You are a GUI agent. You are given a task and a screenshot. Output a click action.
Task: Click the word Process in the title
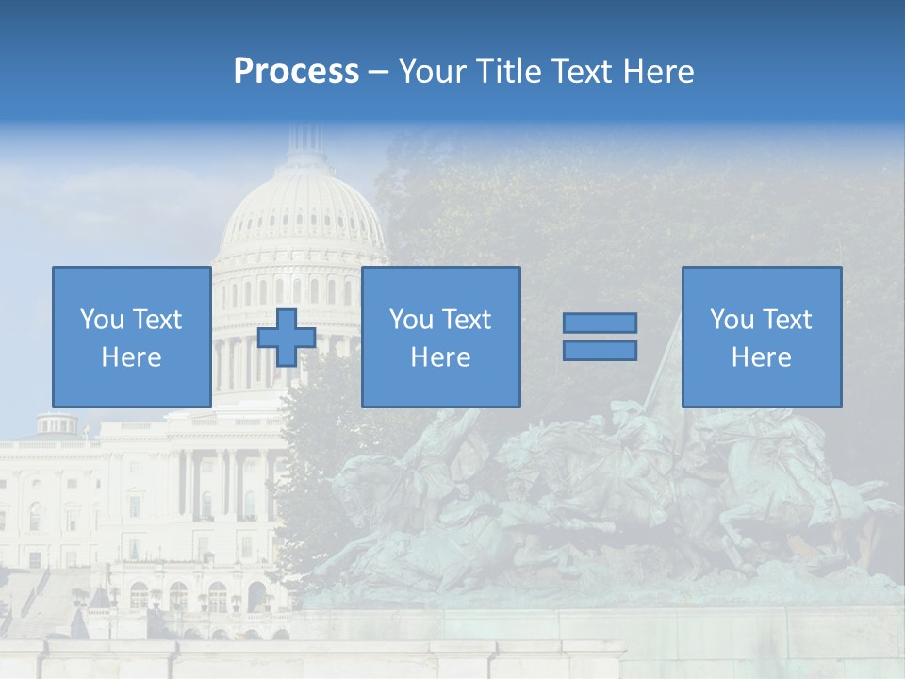tap(296, 72)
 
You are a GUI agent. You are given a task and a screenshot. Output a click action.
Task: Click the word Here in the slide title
tap(659, 72)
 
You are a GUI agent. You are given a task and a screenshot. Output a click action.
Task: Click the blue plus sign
tap(287, 337)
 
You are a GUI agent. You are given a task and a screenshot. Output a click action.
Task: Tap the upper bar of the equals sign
tap(600, 323)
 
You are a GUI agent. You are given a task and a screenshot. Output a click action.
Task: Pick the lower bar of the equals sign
tap(600, 350)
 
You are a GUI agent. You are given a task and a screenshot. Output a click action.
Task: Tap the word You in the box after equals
tap(731, 320)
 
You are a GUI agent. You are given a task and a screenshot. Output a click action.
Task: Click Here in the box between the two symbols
tap(440, 357)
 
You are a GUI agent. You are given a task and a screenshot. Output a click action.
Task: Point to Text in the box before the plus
tap(156, 320)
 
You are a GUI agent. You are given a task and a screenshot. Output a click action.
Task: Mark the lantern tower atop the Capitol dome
tap(304, 141)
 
